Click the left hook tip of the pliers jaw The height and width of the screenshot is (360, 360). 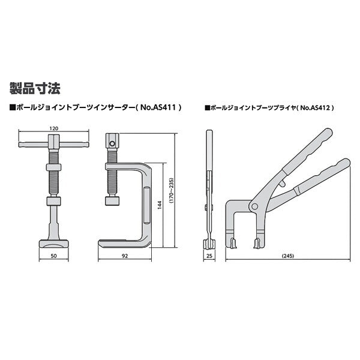(x=234, y=242)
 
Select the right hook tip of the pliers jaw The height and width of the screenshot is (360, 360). (x=257, y=242)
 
